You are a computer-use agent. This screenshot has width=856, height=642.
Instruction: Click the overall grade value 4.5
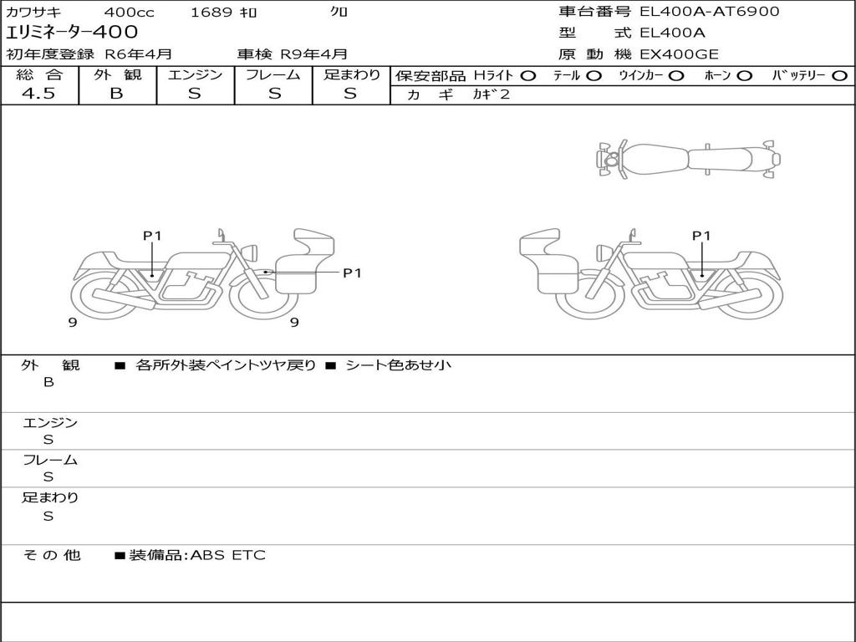(38, 94)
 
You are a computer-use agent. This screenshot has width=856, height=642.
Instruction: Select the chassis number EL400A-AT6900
(709, 12)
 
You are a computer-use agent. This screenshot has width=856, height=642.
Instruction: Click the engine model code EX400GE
(679, 54)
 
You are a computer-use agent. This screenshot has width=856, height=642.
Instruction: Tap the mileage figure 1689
(211, 12)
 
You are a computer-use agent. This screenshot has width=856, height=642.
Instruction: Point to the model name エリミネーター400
(72, 33)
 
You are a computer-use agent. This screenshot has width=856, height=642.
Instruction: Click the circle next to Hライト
(528, 76)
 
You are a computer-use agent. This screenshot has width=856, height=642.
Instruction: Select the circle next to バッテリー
(839, 76)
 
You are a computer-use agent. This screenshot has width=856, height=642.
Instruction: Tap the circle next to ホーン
(745, 76)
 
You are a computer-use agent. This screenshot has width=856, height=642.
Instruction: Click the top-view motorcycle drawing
(688, 159)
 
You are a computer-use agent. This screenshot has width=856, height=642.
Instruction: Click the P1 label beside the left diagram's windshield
(352, 273)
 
